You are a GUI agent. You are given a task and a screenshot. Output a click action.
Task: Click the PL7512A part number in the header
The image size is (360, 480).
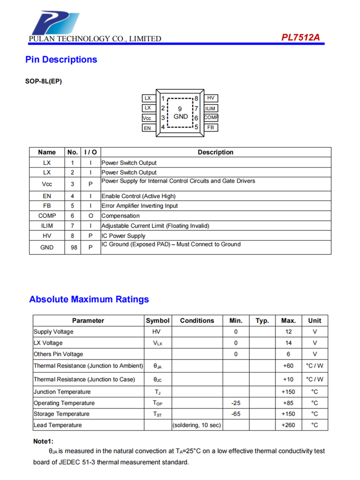pyautogui.click(x=300, y=37)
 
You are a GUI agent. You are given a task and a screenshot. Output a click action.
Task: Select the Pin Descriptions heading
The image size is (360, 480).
pyautogui.click(x=61, y=60)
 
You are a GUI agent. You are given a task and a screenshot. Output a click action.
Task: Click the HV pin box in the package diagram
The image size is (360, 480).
pyautogui.click(x=211, y=98)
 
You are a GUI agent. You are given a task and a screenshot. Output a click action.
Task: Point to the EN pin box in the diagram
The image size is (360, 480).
pyautogui.click(x=148, y=128)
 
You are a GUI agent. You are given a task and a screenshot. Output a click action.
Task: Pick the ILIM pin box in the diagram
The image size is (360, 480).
pyautogui.click(x=211, y=108)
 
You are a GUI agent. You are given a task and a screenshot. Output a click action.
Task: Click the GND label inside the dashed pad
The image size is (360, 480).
pyautogui.click(x=180, y=117)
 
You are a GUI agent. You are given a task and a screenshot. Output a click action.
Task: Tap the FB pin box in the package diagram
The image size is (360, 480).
pyautogui.click(x=211, y=128)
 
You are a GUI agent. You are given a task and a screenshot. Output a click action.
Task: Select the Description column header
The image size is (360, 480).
pyautogui.click(x=216, y=152)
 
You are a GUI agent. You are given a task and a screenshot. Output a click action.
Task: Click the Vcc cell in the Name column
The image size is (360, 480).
pyautogui.click(x=47, y=184)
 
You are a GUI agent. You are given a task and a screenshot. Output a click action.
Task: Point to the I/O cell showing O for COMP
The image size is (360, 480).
pyautogui.click(x=91, y=216)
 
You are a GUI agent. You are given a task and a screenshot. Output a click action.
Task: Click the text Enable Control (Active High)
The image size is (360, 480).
pyautogui.click(x=139, y=196)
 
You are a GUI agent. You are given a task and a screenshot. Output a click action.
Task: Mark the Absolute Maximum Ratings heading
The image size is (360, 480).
pyautogui.click(x=89, y=300)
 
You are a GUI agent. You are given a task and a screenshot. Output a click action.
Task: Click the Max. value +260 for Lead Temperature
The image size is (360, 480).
pyautogui.click(x=288, y=425)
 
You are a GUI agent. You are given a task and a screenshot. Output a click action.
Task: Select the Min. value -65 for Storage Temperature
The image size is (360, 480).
pyautogui.click(x=236, y=414)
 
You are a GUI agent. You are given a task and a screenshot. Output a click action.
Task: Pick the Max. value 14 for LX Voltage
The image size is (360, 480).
pyautogui.click(x=288, y=343)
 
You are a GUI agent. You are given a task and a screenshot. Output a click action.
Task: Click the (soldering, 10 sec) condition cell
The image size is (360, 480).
pyautogui.click(x=196, y=425)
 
